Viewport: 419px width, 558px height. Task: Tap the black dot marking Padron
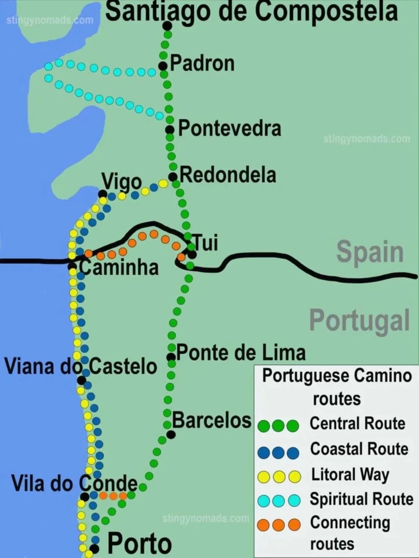(x=163, y=66)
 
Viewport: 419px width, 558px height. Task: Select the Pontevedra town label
(x=229, y=129)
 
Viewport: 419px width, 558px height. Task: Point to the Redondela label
(x=228, y=175)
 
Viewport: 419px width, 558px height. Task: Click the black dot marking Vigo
(x=102, y=194)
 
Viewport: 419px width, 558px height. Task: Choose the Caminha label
(x=118, y=267)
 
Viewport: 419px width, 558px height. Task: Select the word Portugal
(x=359, y=320)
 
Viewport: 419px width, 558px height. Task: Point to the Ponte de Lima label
(x=241, y=353)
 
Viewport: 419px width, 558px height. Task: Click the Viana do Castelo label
(x=80, y=366)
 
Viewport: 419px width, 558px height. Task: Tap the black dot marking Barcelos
(x=171, y=434)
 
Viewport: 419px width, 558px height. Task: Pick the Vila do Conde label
(x=74, y=483)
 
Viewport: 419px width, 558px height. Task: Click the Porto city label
(x=140, y=543)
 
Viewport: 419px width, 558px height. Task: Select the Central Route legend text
(x=357, y=424)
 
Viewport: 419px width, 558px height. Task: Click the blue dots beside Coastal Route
(x=278, y=452)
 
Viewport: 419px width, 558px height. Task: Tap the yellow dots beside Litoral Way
(x=279, y=477)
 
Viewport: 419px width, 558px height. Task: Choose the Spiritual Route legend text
(x=361, y=499)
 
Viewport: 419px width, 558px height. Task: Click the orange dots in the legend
(x=279, y=525)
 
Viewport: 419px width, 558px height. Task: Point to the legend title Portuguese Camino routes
(x=337, y=387)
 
